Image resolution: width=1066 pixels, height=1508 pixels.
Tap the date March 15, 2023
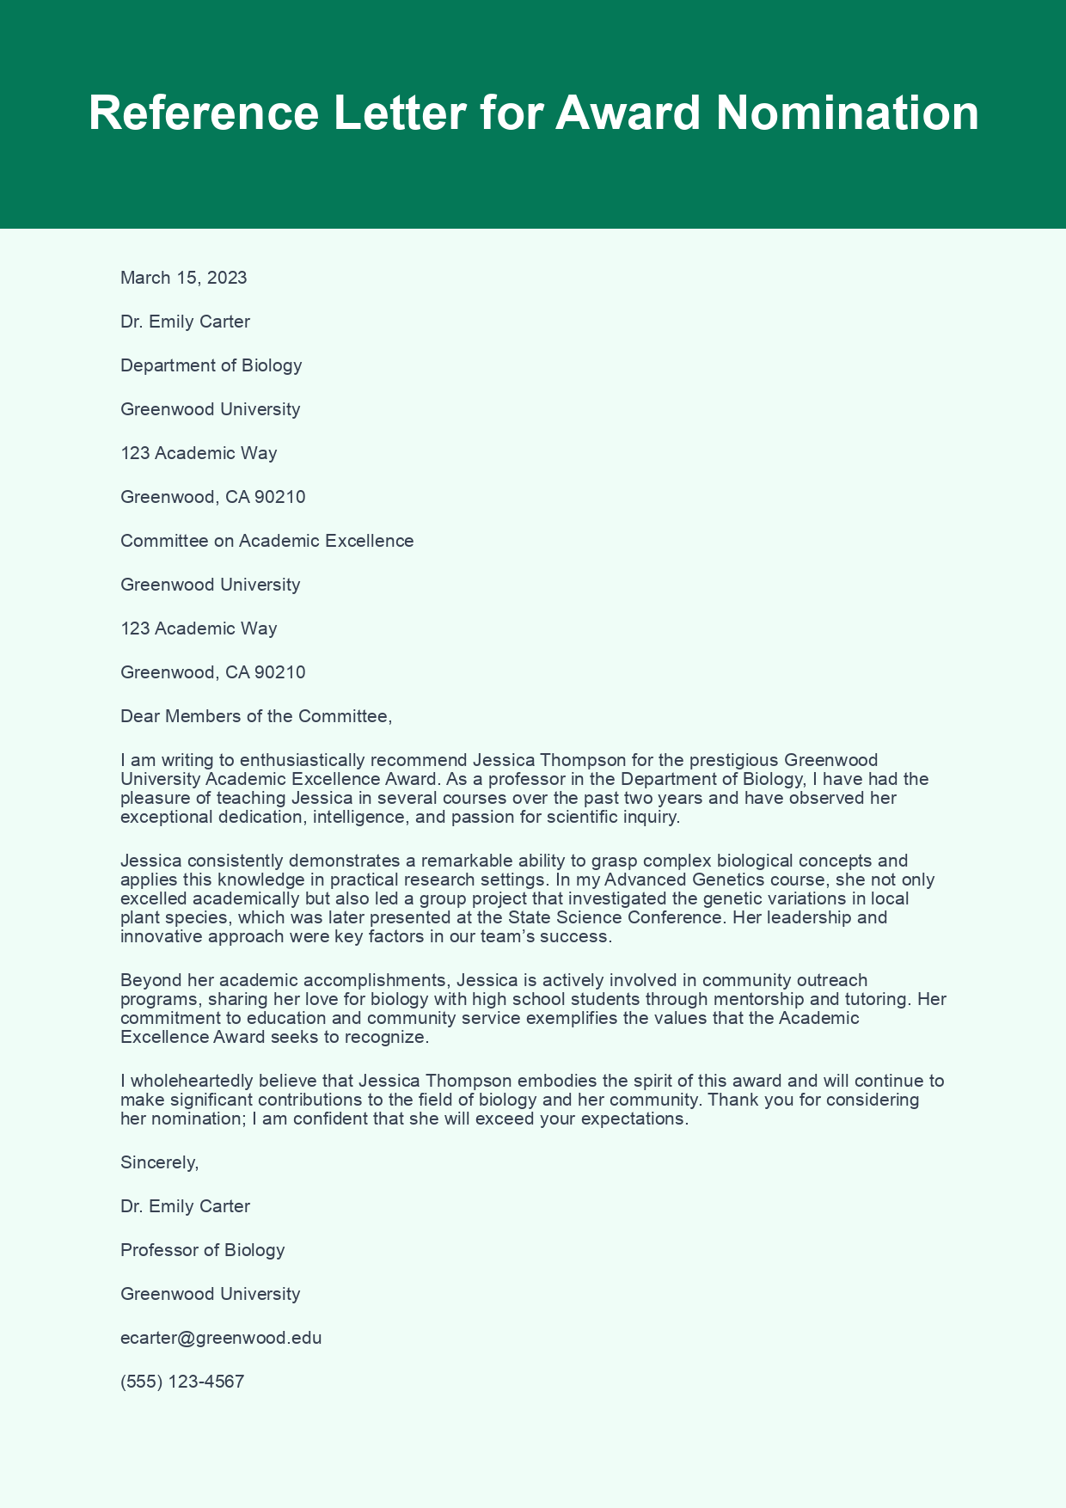tap(184, 278)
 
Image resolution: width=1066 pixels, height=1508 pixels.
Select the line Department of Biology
tap(211, 365)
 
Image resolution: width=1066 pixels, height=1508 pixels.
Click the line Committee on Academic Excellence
tap(267, 541)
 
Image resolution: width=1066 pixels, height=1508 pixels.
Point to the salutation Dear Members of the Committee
tap(256, 716)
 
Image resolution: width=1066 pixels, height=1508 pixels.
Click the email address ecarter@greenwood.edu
tap(221, 1338)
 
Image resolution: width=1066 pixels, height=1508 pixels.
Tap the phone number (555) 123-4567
tap(182, 1382)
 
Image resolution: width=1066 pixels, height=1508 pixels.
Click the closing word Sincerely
tap(160, 1162)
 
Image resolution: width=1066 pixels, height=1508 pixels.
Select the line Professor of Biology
tap(203, 1250)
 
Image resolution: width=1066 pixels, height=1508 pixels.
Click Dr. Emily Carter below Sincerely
tap(186, 1206)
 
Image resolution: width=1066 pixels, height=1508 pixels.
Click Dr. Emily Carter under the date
tap(186, 322)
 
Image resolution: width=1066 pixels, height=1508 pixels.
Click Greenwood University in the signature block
tap(211, 1294)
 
